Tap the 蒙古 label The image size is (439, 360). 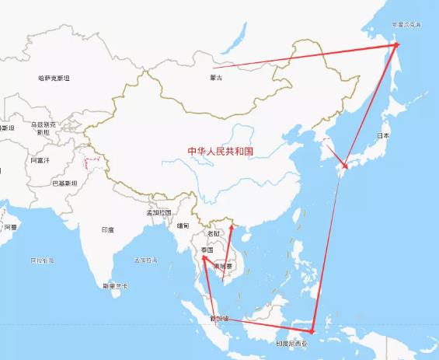[215, 79]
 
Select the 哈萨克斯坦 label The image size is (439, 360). [54, 79]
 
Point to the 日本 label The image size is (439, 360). [382, 135]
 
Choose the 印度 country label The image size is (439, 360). [107, 230]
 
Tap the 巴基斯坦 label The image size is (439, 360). [64, 183]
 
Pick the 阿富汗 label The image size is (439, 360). [40, 160]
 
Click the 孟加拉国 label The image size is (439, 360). [159, 212]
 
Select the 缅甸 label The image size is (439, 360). [183, 225]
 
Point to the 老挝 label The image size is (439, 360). [214, 233]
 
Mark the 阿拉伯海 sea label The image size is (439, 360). [42, 260]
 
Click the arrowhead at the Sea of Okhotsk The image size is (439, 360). [396, 45]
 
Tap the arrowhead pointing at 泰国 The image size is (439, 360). [204, 258]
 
